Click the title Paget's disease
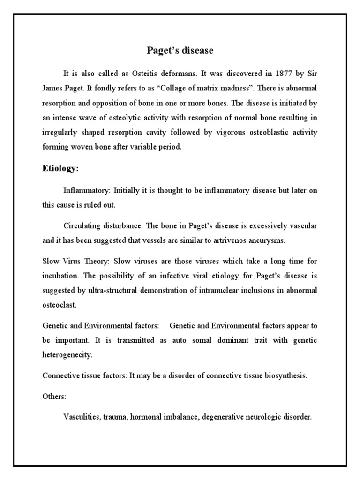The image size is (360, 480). [180, 51]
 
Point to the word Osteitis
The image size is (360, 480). [138, 74]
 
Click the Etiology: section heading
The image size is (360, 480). [61, 168]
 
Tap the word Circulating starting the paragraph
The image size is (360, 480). [81, 225]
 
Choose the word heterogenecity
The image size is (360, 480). [67, 355]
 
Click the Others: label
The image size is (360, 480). [54, 396]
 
